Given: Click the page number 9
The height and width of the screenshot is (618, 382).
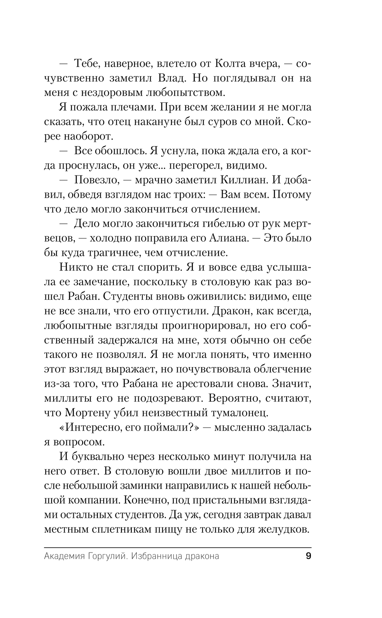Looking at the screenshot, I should click(x=308, y=556).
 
